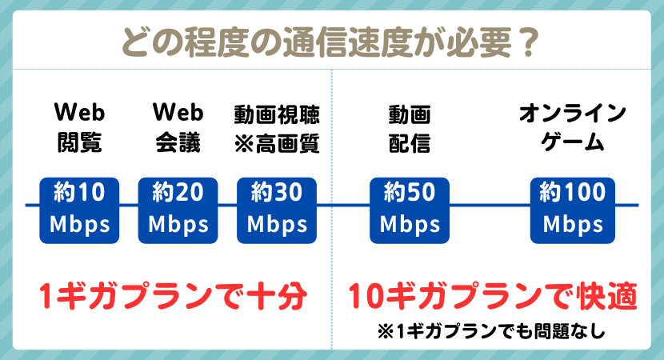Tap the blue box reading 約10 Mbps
tap(79, 210)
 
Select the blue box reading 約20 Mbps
tap(178, 210)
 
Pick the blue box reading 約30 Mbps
tap(277, 210)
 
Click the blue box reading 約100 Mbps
tap(572, 210)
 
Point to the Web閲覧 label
tap(79, 127)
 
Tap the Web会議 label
tap(178, 127)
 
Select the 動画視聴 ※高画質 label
tap(277, 127)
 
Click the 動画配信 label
tap(410, 127)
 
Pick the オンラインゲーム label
tap(572, 127)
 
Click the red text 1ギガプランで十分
tap(174, 298)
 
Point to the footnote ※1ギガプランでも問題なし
tap(490, 330)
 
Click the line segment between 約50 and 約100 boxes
tap(490, 205)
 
